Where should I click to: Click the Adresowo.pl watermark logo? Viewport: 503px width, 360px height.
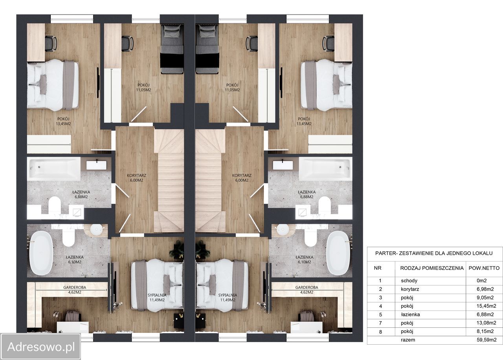(x=40, y=347)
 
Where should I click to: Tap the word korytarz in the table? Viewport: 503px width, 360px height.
(x=410, y=289)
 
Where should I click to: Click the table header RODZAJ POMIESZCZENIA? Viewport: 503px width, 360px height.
(x=432, y=268)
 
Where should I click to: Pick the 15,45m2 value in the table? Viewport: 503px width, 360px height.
(x=486, y=306)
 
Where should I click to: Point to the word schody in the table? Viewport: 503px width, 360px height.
(x=409, y=281)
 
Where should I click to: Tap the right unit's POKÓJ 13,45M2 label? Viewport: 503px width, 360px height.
(x=304, y=121)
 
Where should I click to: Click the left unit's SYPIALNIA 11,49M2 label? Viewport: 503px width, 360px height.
(x=157, y=298)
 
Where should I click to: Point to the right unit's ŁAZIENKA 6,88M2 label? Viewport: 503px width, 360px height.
(x=307, y=194)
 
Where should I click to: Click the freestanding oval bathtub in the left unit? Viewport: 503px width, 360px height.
(x=41, y=253)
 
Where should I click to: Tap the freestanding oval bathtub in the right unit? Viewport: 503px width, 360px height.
(x=338, y=253)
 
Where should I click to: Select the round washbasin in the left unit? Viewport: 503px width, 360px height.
(x=97, y=229)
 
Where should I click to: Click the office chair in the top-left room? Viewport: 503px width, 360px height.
(x=51, y=44)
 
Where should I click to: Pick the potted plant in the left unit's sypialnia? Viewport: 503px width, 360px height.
(x=177, y=249)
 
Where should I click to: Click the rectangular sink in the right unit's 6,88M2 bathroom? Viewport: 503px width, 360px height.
(x=283, y=165)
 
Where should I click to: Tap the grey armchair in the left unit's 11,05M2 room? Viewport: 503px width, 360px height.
(x=172, y=49)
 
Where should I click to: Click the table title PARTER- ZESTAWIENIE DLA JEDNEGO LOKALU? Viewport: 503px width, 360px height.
(x=434, y=253)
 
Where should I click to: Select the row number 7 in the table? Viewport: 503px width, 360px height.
(x=380, y=323)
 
